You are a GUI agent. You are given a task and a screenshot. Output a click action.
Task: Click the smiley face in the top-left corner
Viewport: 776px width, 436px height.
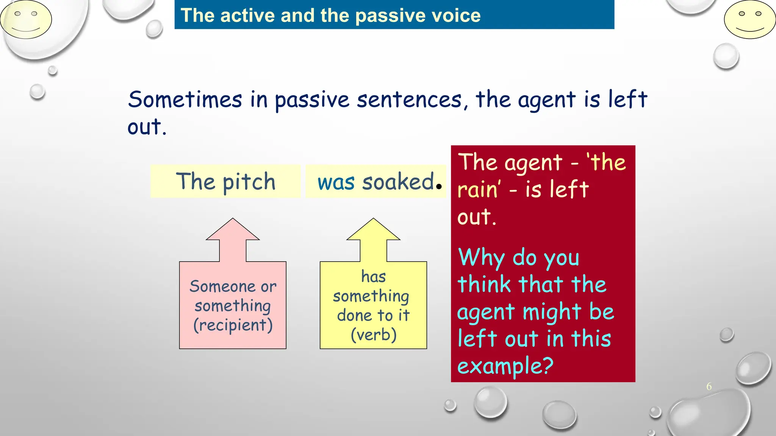pos(26,20)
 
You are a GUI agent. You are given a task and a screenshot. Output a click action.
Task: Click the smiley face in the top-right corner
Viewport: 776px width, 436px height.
pos(749,20)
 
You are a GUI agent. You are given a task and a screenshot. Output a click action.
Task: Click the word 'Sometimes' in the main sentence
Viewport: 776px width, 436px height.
pos(185,100)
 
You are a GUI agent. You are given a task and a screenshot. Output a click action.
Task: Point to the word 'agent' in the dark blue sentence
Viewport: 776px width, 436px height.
pos(547,101)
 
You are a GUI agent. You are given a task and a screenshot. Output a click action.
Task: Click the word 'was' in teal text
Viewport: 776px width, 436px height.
pos(336,182)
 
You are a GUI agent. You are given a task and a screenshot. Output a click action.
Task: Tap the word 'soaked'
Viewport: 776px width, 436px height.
pos(398,182)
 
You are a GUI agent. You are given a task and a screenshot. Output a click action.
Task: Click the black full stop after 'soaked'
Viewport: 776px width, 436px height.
pos(439,186)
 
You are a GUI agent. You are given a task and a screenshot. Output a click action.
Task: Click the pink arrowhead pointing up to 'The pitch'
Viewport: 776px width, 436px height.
pos(233,230)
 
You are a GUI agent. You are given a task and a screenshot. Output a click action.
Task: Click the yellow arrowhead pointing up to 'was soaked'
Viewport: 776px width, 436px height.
pos(373,230)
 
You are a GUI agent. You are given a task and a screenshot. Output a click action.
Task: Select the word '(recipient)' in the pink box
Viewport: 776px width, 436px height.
pos(233,325)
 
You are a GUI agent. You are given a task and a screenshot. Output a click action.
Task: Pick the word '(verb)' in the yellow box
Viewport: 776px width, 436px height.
pos(374,335)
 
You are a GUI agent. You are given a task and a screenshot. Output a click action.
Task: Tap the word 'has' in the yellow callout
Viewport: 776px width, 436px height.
pos(373,277)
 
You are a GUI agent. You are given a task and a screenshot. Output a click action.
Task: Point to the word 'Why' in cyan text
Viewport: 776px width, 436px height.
pos(481,258)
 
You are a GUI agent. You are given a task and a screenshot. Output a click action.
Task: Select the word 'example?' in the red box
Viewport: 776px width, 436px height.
pos(505,366)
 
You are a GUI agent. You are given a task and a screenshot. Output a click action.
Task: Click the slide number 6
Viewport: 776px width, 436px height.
pos(709,386)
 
